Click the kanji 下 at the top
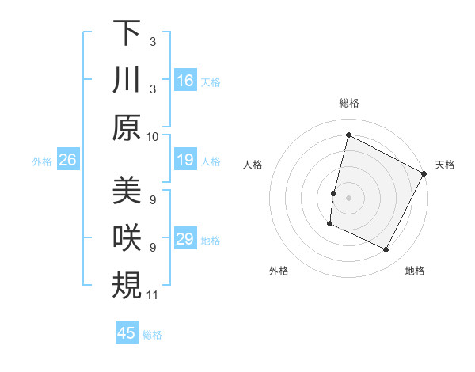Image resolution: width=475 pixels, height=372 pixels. point(127,33)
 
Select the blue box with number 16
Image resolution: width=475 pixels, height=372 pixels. point(185,81)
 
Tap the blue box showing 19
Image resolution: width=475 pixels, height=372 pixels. point(185,161)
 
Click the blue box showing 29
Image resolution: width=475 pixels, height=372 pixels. point(185,240)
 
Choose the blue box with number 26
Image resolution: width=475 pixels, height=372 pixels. point(67,161)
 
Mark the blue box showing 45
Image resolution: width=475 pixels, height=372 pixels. point(127,333)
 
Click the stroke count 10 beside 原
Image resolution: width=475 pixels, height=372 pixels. point(153,136)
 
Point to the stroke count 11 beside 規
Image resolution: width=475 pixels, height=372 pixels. point(153,295)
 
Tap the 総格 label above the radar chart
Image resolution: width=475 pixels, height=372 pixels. point(348,103)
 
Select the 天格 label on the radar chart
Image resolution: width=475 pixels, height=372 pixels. point(445,165)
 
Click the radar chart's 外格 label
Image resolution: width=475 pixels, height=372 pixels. point(279,271)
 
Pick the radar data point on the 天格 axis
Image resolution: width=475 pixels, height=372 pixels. point(424,173)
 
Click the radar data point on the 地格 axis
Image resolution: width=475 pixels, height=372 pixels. point(386,250)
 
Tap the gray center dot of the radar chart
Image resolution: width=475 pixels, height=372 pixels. point(348,197)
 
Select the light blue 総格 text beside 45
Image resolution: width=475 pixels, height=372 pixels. point(153,334)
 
